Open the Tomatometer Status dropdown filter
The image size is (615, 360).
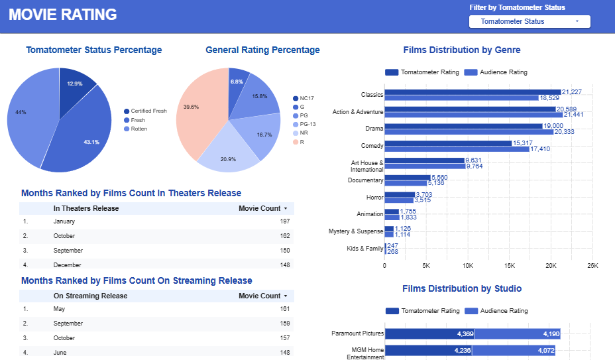pyautogui.click(x=529, y=21)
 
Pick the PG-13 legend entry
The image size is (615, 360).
pyautogui.click(x=307, y=124)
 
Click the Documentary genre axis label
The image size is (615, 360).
pyautogui.click(x=365, y=180)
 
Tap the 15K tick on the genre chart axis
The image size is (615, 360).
pyautogui.click(x=510, y=266)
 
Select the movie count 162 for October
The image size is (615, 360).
pyautogui.click(x=284, y=236)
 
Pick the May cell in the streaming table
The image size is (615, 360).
pyautogui.click(x=59, y=309)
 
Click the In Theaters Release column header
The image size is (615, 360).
pyautogui.click(x=86, y=208)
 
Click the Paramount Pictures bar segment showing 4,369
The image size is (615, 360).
pyautogui.click(x=429, y=333)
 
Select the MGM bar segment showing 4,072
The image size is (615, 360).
pyautogui.click(x=516, y=351)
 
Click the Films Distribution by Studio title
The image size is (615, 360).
pyautogui.click(x=462, y=288)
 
